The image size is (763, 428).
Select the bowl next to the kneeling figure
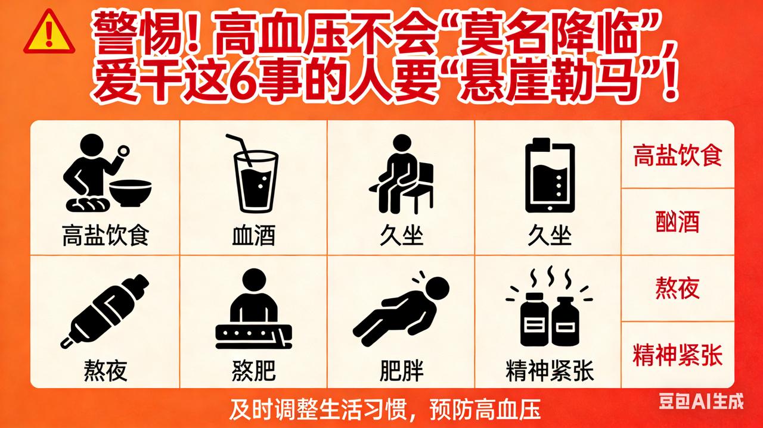tap(130, 192)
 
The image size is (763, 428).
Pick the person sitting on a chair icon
tap(402, 174)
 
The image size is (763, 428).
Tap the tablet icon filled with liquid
tap(550, 175)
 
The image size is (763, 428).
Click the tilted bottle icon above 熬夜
tap(104, 311)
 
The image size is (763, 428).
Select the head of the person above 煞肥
tap(254, 280)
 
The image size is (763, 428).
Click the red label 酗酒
tap(678, 221)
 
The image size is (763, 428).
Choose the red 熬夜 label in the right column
tap(678, 288)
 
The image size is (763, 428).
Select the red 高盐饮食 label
tap(678, 155)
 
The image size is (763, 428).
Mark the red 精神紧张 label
tap(678, 355)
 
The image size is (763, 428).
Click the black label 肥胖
tap(402, 371)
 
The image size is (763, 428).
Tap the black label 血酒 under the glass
tap(254, 236)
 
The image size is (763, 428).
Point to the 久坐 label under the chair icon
tap(402, 236)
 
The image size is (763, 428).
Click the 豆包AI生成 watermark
tap(702, 401)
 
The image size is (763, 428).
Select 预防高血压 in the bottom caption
tap(485, 410)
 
